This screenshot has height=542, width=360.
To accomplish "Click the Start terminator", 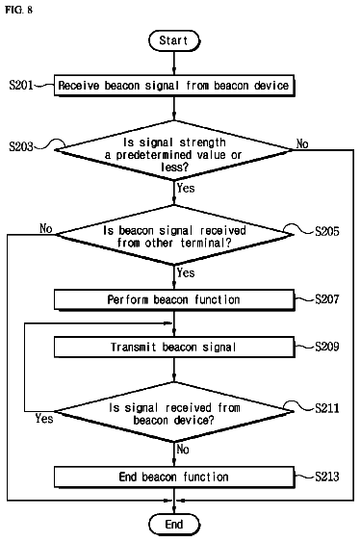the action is tap(174, 40).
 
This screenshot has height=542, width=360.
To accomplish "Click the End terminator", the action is tap(174, 525).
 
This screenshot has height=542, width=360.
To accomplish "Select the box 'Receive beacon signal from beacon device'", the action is tap(174, 86).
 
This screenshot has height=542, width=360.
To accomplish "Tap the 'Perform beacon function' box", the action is tap(174, 299).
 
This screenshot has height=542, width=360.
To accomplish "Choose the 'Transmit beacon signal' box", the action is tap(174, 347).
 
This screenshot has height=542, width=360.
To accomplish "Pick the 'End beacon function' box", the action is tap(174, 477).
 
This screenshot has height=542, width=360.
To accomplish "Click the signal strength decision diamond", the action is tap(174, 150).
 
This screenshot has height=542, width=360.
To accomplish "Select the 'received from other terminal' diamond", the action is tap(174, 235).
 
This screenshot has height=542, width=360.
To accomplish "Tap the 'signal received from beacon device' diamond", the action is tap(174, 412).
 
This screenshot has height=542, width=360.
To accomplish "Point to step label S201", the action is tap(21, 85).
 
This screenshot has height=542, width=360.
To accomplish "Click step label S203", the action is tap(21, 146).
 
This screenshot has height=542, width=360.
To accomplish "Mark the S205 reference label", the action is tap(327, 231).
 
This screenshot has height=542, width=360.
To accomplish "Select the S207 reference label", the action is tap(327, 299).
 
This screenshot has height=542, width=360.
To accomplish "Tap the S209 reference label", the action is tap(327, 347).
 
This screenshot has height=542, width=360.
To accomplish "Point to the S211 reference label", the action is tap(327, 408).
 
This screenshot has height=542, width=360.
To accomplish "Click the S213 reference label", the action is tap(327, 477).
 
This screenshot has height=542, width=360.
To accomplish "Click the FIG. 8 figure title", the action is tap(18, 10).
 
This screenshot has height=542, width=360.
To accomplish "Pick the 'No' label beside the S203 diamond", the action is tap(302, 143).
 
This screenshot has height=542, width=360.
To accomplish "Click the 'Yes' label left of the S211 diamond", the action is tap(44, 419).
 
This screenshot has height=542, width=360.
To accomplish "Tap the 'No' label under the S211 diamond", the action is tap(183, 449).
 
